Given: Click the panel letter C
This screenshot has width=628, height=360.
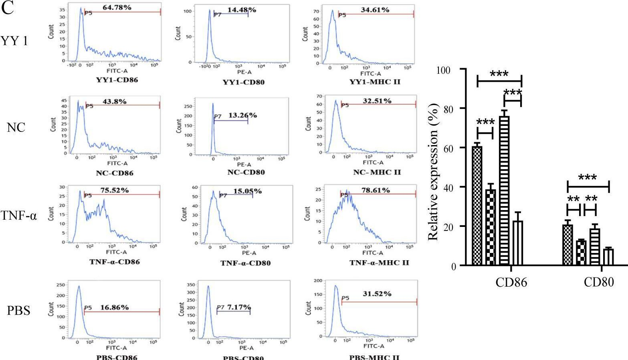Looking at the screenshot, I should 8,9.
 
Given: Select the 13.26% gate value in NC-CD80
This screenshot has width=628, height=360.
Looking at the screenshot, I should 242,115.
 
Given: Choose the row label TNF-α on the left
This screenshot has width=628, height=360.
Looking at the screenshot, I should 18,216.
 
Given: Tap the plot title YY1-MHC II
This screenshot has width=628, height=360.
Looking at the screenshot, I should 375,82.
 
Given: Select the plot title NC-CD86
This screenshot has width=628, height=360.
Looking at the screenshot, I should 115,173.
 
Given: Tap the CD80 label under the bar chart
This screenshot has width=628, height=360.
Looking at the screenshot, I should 599,282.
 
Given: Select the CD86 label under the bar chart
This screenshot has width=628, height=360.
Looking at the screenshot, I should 511,282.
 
